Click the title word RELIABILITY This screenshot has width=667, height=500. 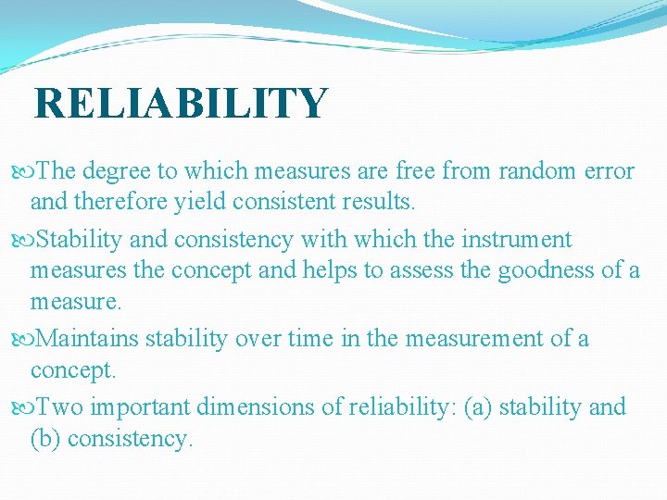pyautogui.click(x=181, y=103)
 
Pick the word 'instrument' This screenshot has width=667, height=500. pyautogui.click(x=520, y=240)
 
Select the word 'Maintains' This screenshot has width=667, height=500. pyautogui.click(x=91, y=340)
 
